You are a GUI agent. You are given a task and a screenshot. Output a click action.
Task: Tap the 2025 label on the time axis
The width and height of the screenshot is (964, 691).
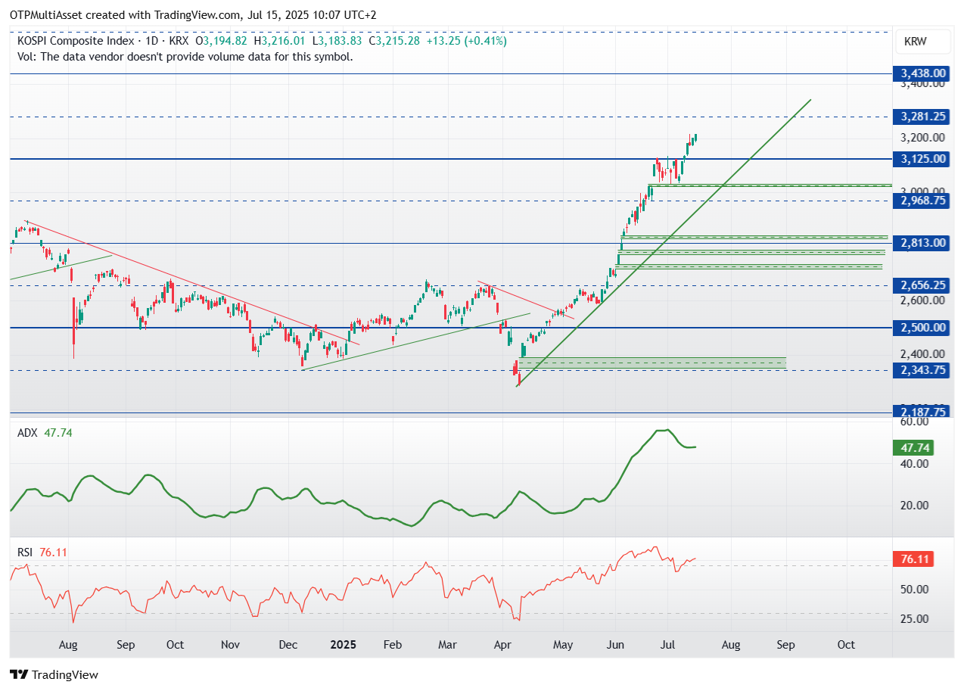point(343,645)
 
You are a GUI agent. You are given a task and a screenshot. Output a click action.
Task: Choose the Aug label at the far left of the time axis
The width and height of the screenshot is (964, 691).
point(68,645)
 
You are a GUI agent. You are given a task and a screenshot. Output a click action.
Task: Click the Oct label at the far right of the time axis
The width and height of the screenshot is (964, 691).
point(846,645)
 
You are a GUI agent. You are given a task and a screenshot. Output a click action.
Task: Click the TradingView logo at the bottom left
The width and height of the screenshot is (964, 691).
point(54,674)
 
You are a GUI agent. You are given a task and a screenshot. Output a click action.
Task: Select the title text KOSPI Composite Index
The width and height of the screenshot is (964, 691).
point(75,41)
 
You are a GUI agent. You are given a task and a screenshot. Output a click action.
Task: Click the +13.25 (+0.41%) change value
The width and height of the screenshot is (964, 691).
point(466,41)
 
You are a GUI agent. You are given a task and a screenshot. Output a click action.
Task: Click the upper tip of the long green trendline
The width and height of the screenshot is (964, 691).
point(810,99)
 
